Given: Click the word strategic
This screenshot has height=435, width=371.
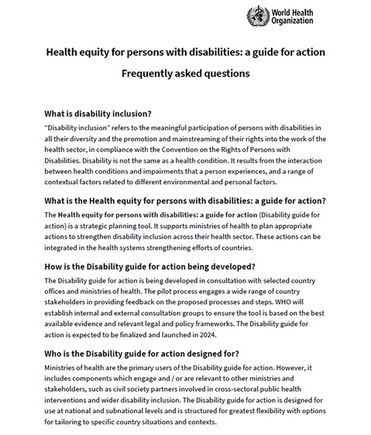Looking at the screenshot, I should point(105,225).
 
